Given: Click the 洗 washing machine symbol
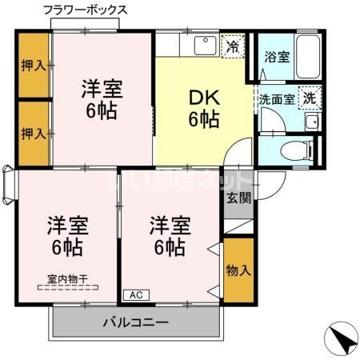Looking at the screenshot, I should click(x=309, y=99).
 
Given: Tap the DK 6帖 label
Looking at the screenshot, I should click(x=204, y=108).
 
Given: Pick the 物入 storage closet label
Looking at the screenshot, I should click(x=238, y=270).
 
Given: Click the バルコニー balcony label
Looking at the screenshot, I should click(x=135, y=325).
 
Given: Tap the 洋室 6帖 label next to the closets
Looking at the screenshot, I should click(x=102, y=98).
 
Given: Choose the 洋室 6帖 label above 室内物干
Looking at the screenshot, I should click(x=66, y=236).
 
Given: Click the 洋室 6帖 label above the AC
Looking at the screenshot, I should click(x=168, y=236).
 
